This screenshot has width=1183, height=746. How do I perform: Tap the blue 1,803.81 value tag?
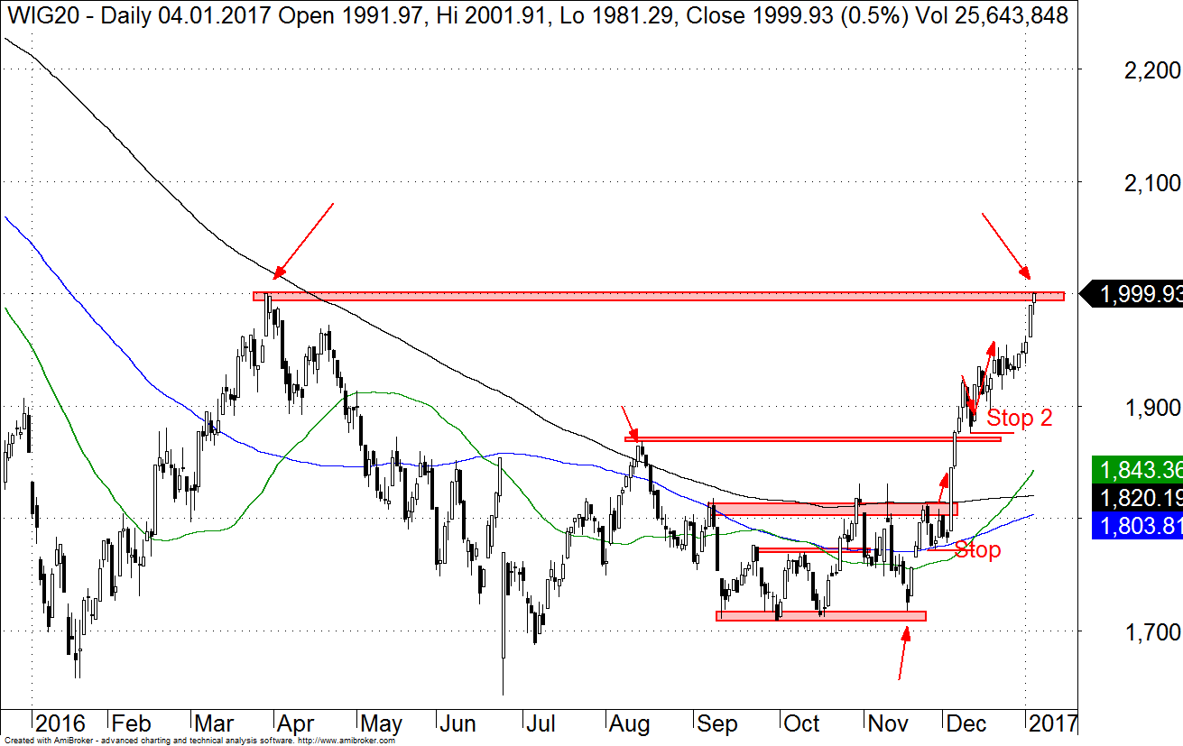(x=1137, y=527)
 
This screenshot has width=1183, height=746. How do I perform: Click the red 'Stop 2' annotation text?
(x=1019, y=418)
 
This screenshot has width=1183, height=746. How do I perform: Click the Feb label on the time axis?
(x=132, y=723)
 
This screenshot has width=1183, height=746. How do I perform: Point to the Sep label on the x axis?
(x=717, y=723)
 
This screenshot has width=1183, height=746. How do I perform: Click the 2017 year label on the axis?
(x=1053, y=723)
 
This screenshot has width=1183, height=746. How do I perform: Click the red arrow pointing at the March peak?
(x=304, y=241)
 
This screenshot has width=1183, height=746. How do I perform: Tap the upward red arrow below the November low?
(x=903, y=651)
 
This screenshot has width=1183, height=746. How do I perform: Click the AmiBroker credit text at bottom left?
(x=199, y=741)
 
